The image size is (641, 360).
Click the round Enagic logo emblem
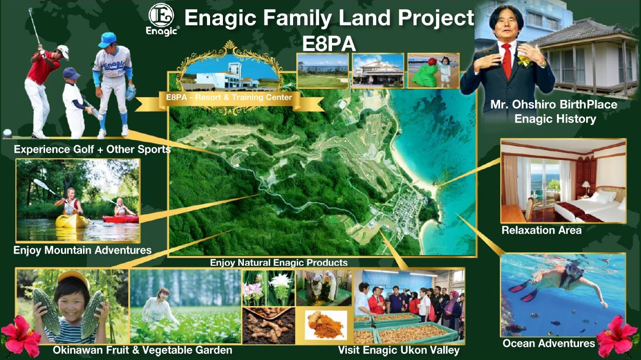pos(161,15)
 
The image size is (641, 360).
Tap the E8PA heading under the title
pos(329,44)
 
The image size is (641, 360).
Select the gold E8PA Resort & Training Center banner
pos(229,99)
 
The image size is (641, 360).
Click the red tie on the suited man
pos(507,61)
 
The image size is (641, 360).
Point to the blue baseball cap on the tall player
pos(107,40)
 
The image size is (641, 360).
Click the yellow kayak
pos(72,221)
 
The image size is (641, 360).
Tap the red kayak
pos(120,219)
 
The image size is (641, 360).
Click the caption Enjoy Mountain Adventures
pos(82,250)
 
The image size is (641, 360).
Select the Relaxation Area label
pos(542,230)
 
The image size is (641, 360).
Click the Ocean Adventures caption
pos(549,344)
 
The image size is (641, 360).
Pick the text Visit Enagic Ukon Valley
pos(399,350)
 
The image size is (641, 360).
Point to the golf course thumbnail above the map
pos(323,71)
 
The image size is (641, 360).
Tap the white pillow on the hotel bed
pos(603,197)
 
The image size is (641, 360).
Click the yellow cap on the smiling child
pos(74,278)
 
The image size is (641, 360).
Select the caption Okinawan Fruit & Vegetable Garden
pos(142,350)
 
